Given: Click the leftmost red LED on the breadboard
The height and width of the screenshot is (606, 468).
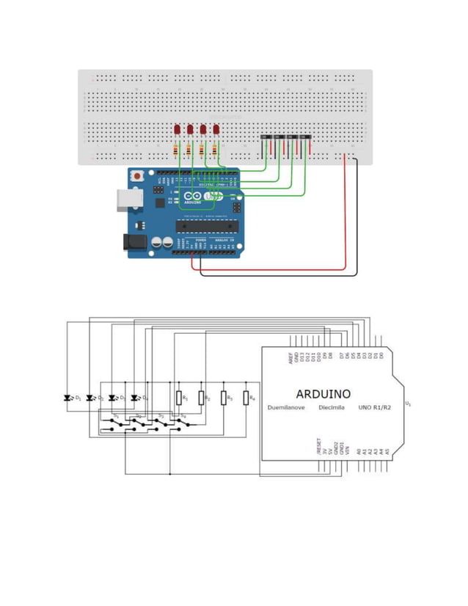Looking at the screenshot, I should [x=178, y=130].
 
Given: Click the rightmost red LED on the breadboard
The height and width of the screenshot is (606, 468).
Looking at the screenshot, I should [x=216, y=130].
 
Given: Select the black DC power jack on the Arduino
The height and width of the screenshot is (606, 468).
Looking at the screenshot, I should [x=134, y=242].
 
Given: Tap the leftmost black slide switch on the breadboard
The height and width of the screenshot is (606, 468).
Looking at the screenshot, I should [x=266, y=137].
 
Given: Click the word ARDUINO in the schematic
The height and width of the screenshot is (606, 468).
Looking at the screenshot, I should [x=323, y=393].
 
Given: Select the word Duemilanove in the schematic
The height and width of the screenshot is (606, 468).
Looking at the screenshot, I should [x=285, y=407].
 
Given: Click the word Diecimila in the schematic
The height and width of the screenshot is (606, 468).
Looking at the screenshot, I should [x=332, y=407].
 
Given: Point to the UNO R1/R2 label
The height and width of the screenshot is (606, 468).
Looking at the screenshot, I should [x=374, y=407].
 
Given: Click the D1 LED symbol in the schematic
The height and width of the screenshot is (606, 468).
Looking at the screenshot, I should [x=68, y=398].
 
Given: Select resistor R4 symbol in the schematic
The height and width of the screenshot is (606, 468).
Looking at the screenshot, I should [x=246, y=398].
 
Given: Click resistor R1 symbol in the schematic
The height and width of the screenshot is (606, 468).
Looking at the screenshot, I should [x=178, y=398].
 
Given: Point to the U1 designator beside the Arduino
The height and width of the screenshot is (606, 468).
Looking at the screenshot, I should [x=409, y=404].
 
